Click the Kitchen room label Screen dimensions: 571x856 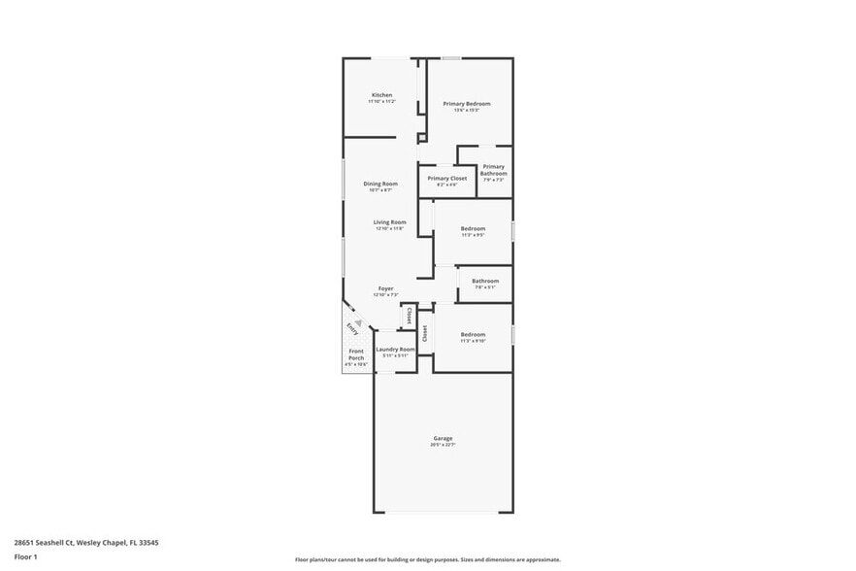381,95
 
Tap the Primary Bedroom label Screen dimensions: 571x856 467,104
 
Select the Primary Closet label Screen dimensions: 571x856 447,179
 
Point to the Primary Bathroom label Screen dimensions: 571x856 493,170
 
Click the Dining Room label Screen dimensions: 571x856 380,184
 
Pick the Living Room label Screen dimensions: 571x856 390,222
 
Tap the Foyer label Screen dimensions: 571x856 386,288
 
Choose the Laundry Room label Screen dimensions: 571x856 395,349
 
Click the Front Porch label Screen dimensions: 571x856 356,354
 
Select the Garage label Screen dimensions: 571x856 443,438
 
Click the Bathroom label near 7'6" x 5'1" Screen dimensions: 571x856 485,281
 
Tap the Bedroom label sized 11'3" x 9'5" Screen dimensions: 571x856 473,228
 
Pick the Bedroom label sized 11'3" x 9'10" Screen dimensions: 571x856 473,334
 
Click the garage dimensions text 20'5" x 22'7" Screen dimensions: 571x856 443,445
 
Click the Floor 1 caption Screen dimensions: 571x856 25,557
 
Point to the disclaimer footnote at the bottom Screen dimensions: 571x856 427,559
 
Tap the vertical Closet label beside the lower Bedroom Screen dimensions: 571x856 425,334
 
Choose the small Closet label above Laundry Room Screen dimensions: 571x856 409,316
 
